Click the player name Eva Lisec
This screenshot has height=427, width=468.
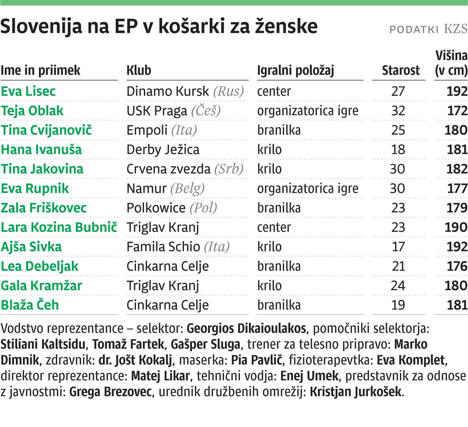tap(28, 91)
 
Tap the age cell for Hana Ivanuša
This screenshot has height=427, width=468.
tap(398, 149)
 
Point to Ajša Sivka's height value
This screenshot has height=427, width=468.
tap(457, 247)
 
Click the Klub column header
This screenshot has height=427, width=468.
tap(139, 70)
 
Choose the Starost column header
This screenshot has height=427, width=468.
tap(401, 70)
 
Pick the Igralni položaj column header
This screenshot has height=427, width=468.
tap(296, 70)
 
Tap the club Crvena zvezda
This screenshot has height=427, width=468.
tap(168, 169)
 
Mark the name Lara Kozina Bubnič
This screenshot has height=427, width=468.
tap(59, 227)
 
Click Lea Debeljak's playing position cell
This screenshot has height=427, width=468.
tap(279, 266)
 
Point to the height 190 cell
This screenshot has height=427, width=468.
tap(456, 227)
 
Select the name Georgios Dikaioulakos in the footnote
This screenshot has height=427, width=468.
tap(246, 328)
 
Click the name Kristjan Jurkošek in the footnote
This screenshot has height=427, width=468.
tap(356, 392)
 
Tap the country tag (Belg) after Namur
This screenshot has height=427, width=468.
tap(187, 188)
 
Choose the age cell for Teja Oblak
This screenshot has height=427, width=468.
tap(398, 111)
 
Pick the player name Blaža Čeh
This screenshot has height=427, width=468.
tap(30, 305)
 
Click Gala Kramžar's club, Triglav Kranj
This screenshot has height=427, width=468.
tap(163, 286)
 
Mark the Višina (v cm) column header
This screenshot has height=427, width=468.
tap(451, 63)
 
